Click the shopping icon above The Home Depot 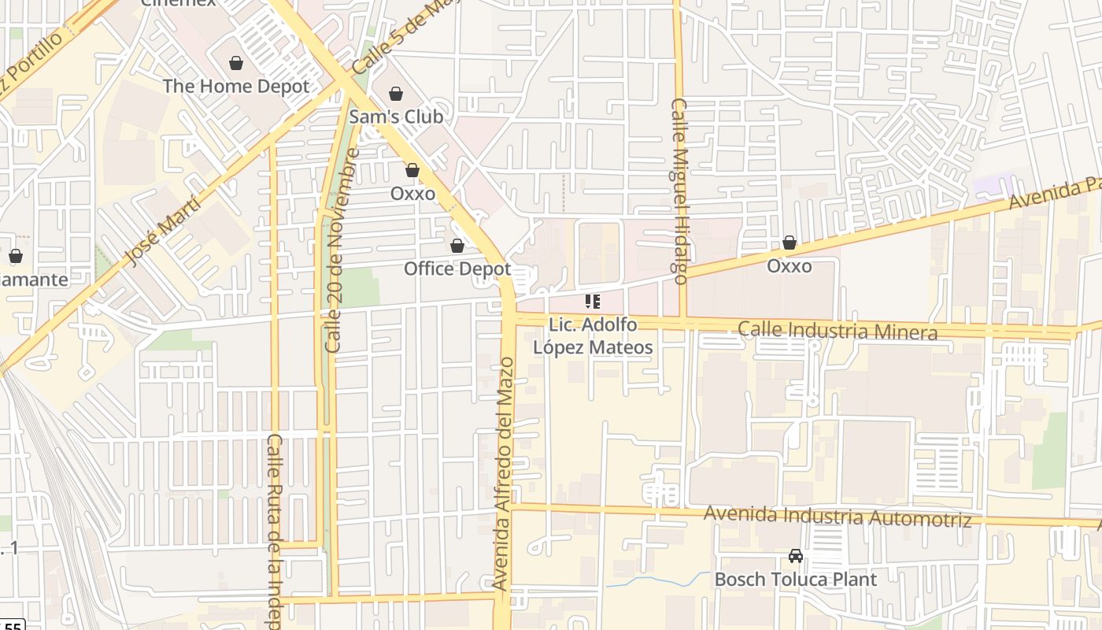pyautogui.click(x=235, y=63)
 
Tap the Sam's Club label pyautogui.click(x=396, y=117)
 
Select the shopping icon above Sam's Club pyautogui.click(x=396, y=94)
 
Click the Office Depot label pyautogui.click(x=457, y=269)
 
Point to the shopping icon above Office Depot pyautogui.click(x=457, y=246)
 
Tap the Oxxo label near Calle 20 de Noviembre pyautogui.click(x=412, y=193)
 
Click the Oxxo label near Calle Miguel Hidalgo pyautogui.click(x=789, y=266)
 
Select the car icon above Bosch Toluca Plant pyautogui.click(x=796, y=556)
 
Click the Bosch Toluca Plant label pyautogui.click(x=795, y=580)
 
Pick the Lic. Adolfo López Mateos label pyautogui.click(x=593, y=336)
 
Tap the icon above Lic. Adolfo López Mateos pyautogui.click(x=593, y=302)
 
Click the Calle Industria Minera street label pyautogui.click(x=838, y=331)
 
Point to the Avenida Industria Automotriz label pyautogui.click(x=837, y=516)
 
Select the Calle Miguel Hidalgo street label pyautogui.click(x=679, y=191)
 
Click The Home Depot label pyautogui.click(x=236, y=86)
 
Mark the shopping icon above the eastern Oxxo pyautogui.click(x=789, y=243)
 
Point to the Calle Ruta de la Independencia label pyautogui.click(x=274, y=531)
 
